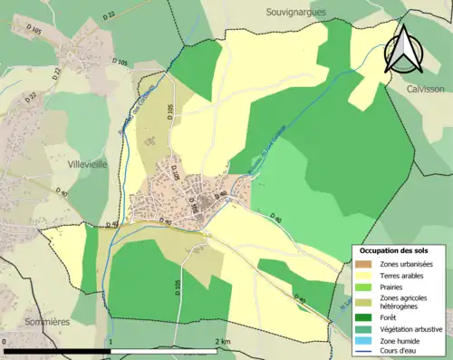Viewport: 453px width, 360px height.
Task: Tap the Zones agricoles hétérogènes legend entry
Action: point(405,302)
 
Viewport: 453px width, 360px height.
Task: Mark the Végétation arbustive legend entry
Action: point(413,328)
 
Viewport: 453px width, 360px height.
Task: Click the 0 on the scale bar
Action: point(5,342)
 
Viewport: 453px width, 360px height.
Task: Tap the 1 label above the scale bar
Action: point(111,342)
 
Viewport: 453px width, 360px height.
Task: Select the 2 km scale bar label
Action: point(223,342)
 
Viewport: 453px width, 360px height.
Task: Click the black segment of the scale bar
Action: point(58,351)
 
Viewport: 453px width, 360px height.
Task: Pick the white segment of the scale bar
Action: point(163,351)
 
